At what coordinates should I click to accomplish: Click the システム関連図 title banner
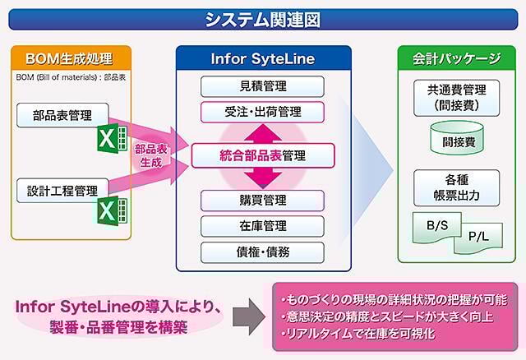263,19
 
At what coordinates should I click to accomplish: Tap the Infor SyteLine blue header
263,58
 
